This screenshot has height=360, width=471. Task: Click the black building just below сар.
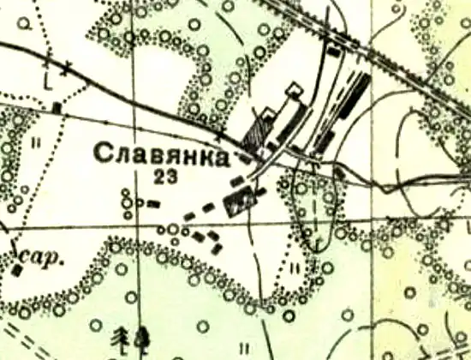point(18,271)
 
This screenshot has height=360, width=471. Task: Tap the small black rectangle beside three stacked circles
point(154,204)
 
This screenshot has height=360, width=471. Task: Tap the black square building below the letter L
point(57,107)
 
